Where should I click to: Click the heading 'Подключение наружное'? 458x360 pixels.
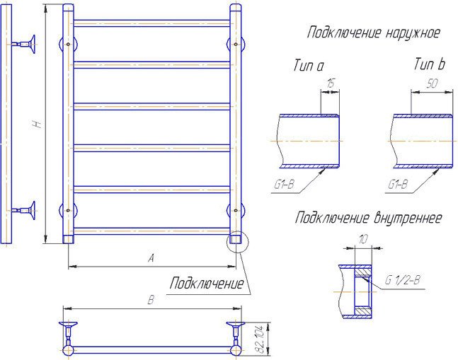(x=373, y=33)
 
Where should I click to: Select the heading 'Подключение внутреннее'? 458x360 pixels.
(x=368, y=218)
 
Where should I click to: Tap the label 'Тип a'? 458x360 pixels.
(x=308, y=66)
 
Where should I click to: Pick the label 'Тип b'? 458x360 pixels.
(x=429, y=66)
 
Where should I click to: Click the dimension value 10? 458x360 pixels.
(x=363, y=240)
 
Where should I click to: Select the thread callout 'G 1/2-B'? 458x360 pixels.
(x=403, y=280)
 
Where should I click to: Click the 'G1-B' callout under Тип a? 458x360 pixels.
(x=284, y=186)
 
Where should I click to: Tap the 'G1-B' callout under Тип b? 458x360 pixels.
(x=398, y=186)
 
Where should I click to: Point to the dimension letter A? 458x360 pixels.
(x=150, y=259)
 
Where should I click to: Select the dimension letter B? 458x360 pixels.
(x=150, y=301)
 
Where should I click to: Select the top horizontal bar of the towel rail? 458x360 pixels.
(x=151, y=23)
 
